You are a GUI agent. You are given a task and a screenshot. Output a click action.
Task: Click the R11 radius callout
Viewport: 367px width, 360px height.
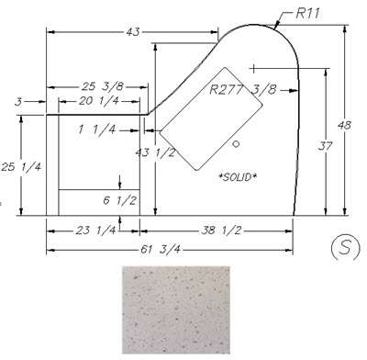tap(307, 13)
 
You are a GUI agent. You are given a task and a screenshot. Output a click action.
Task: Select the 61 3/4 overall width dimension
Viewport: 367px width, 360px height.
tap(161, 250)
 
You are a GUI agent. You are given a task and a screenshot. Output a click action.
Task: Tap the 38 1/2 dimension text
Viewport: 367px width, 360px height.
tap(221, 231)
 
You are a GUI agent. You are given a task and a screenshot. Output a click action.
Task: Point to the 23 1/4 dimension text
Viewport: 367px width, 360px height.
tap(95, 231)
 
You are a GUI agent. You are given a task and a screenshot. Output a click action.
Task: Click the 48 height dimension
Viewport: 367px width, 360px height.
tap(344, 125)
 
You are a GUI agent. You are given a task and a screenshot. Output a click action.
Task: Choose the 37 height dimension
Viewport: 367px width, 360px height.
tap(325, 146)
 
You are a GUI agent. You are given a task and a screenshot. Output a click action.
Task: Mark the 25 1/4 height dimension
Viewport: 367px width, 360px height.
tap(21, 167)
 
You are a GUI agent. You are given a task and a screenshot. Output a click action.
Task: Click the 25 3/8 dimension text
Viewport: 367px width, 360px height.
tap(103, 86)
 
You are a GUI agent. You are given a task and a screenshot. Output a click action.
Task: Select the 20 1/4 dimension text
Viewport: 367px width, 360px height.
tap(99, 101)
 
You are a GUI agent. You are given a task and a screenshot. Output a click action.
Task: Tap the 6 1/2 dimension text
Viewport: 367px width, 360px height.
tap(119, 200)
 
